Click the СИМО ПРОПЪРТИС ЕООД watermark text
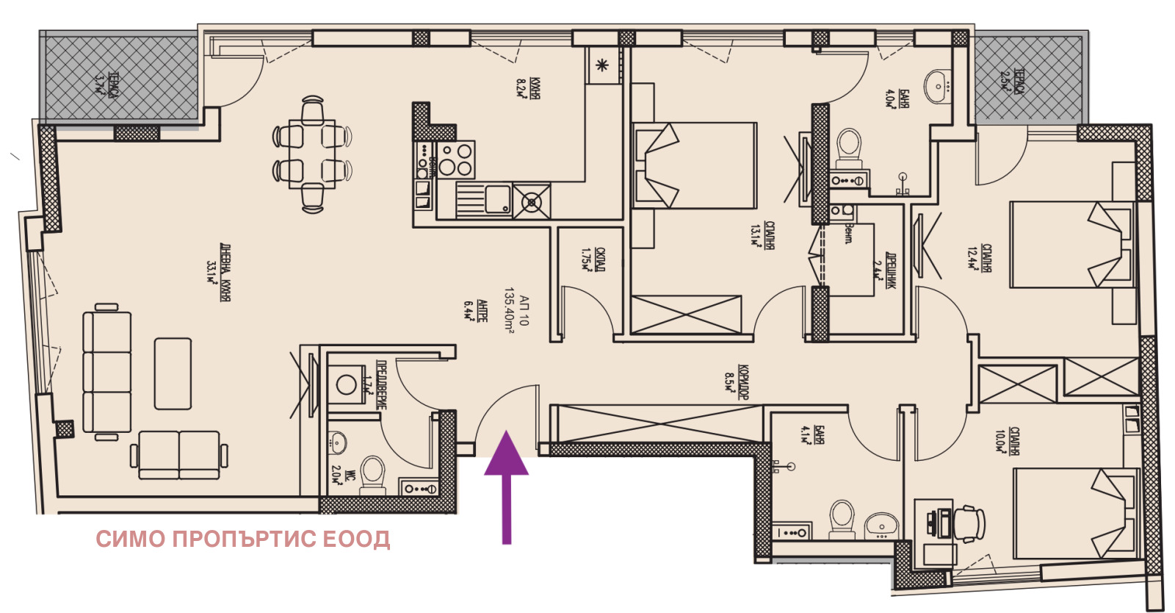coord(243,539)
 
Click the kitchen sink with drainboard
coord(483,200)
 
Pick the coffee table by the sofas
coord(173,373)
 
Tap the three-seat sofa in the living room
coord(107,373)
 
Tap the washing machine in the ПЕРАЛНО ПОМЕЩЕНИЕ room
coord(346,384)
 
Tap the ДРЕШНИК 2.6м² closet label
coord(883,268)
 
